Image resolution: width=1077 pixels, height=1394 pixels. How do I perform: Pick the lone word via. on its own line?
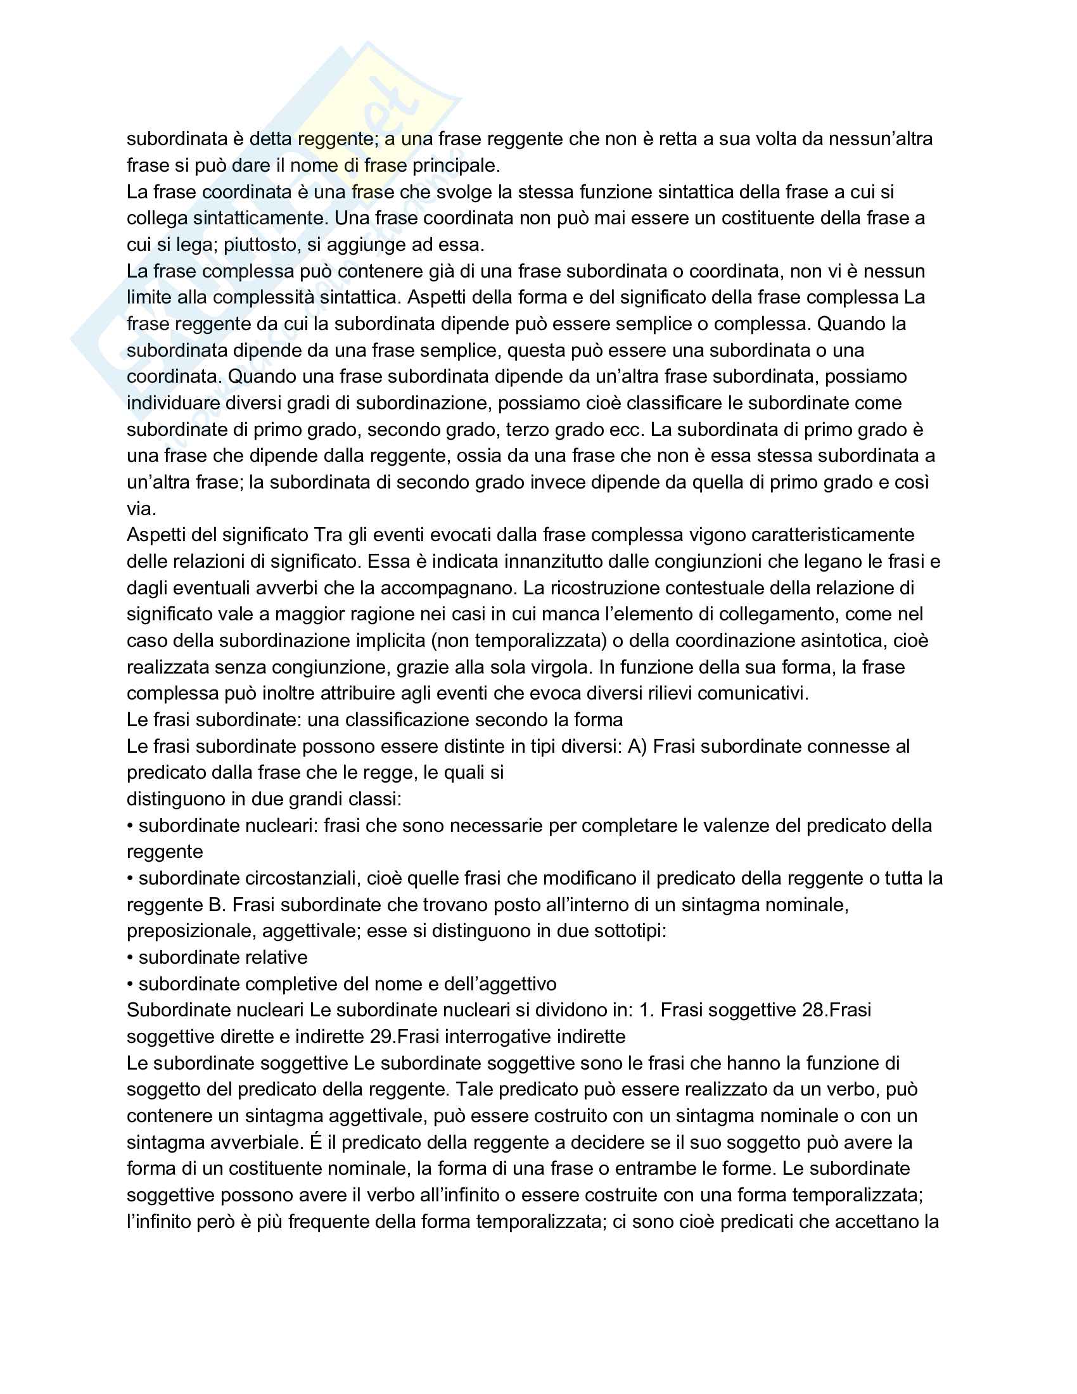(x=141, y=509)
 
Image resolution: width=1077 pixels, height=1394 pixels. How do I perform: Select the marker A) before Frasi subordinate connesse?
(x=637, y=746)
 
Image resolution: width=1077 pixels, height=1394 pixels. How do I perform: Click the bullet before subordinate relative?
(x=130, y=957)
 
